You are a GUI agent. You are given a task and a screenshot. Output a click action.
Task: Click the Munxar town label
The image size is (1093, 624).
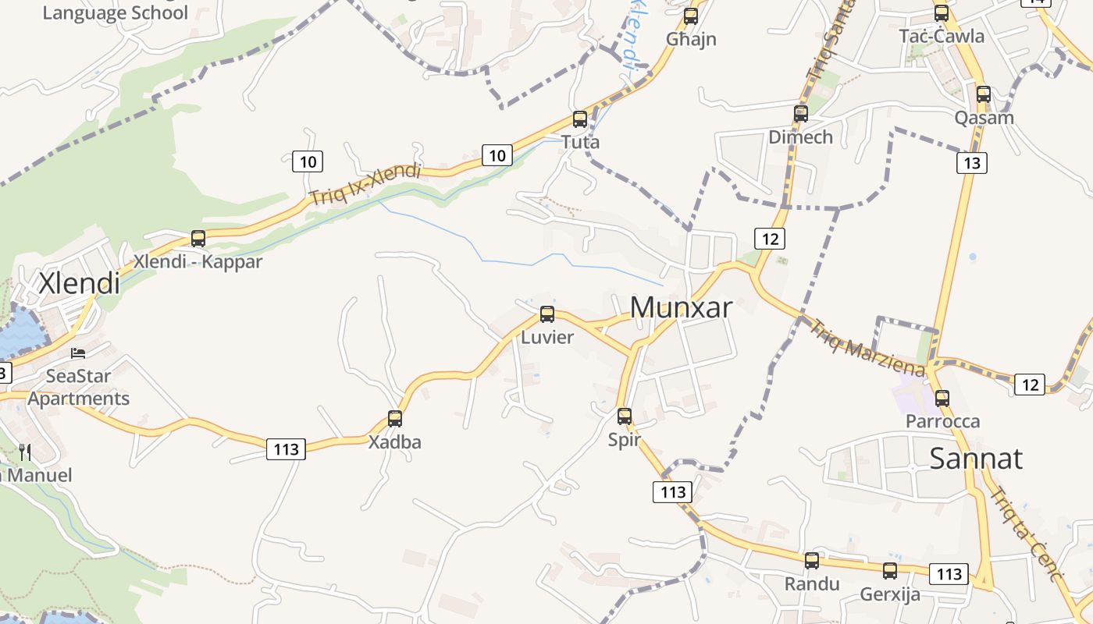click(x=681, y=307)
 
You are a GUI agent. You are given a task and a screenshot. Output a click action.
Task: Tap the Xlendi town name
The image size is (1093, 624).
click(x=80, y=282)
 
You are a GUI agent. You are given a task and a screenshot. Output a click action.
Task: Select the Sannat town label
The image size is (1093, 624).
click(x=975, y=458)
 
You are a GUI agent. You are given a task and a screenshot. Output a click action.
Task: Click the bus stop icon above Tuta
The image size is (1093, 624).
click(x=579, y=119)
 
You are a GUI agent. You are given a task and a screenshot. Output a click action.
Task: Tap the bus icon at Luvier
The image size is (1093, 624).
click(x=547, y=314)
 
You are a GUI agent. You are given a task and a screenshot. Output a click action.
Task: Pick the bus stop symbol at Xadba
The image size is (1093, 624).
click(x=395, y=419)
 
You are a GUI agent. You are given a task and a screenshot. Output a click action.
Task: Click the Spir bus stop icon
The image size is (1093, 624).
click(x=624, y=417)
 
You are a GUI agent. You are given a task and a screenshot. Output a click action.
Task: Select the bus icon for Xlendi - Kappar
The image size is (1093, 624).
click(x=198, y=239)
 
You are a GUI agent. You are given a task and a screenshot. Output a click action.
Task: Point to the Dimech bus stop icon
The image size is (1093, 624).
click(x=800, y=114)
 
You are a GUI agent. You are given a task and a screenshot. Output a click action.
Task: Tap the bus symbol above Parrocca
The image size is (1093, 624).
click(x=942, y=399)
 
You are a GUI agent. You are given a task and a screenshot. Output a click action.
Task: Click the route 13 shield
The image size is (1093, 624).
click(x=971, y=163)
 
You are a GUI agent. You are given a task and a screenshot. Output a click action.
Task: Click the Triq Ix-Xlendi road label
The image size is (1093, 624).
click(x=365, y=186)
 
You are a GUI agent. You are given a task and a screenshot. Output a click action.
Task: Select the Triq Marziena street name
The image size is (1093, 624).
click(x=867, y=348)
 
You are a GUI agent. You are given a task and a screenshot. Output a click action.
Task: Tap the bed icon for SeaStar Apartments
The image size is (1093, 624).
click(x=78, y=353)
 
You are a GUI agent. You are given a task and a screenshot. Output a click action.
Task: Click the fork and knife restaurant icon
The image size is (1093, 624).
click(x=25, y=452)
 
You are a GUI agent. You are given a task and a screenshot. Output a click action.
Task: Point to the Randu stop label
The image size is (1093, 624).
click(x=812, y=583)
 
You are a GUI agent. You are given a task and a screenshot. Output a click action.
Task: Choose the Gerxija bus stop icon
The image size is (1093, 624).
click(x=889, y=571)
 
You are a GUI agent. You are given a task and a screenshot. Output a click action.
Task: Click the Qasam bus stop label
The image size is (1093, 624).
click(x=984, y=118)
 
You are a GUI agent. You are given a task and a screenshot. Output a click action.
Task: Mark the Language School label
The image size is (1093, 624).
click(x=115, y=12)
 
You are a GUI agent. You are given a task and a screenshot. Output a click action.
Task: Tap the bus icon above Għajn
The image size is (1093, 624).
click(x=690, y=16)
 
